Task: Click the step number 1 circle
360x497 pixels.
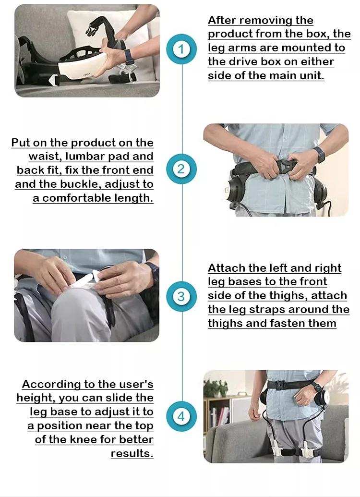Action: point(181,49)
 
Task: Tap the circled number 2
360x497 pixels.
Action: point(181,169)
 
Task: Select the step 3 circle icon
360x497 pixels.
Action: point(181,296)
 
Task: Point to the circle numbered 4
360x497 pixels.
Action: point(181,416)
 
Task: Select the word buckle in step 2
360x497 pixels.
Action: point(81,184)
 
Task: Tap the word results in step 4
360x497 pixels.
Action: point(132,454)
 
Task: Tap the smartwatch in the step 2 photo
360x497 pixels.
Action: point(319,154)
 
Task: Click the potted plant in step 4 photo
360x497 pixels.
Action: point(215,388)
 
